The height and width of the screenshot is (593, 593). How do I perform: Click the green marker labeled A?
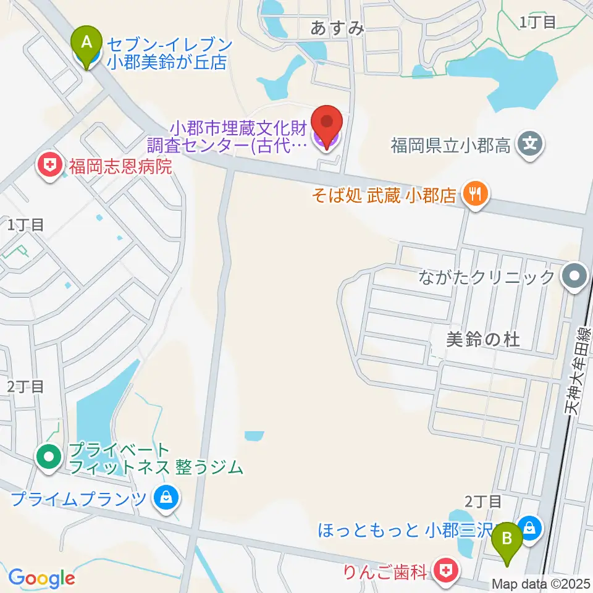(x=87, y=43)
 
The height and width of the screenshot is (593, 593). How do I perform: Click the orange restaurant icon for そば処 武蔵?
(x=474, y=196)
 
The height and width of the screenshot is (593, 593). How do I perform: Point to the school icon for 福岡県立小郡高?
(x=530, y=145)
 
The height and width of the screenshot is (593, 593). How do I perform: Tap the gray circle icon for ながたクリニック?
(x=575, y=276)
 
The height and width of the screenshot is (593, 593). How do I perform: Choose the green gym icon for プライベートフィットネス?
(x=49, y=458)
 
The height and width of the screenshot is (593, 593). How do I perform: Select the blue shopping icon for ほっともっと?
(x=529, y=528)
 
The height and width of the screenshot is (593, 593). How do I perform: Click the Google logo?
(x=41, y=578)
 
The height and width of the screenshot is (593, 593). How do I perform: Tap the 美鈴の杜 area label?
(x=484, y=339)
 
